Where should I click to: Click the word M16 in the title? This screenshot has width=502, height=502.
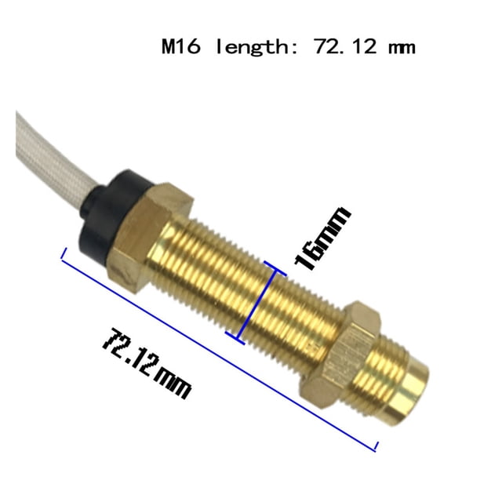coord(181,47)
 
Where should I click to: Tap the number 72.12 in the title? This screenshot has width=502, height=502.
coord(345,47)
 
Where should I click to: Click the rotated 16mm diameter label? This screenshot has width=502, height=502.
coord(322,238)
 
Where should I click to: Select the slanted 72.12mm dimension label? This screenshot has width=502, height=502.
coord(147,363)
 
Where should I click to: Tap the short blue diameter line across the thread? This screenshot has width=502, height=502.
coord(256,303)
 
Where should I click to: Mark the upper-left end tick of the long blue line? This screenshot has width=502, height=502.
coord(64,254)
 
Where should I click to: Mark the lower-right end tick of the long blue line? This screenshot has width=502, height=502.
coord(376,446)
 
